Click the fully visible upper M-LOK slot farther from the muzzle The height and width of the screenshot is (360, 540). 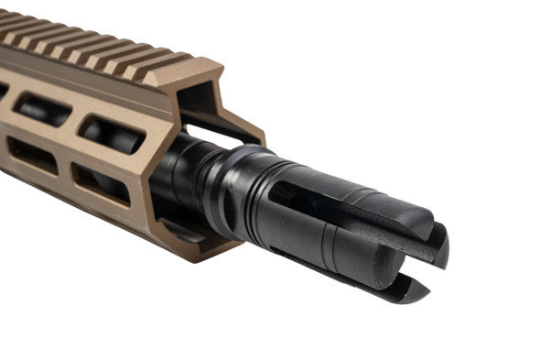[41, 109]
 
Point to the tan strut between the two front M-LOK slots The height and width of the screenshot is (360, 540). [105, 158]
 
